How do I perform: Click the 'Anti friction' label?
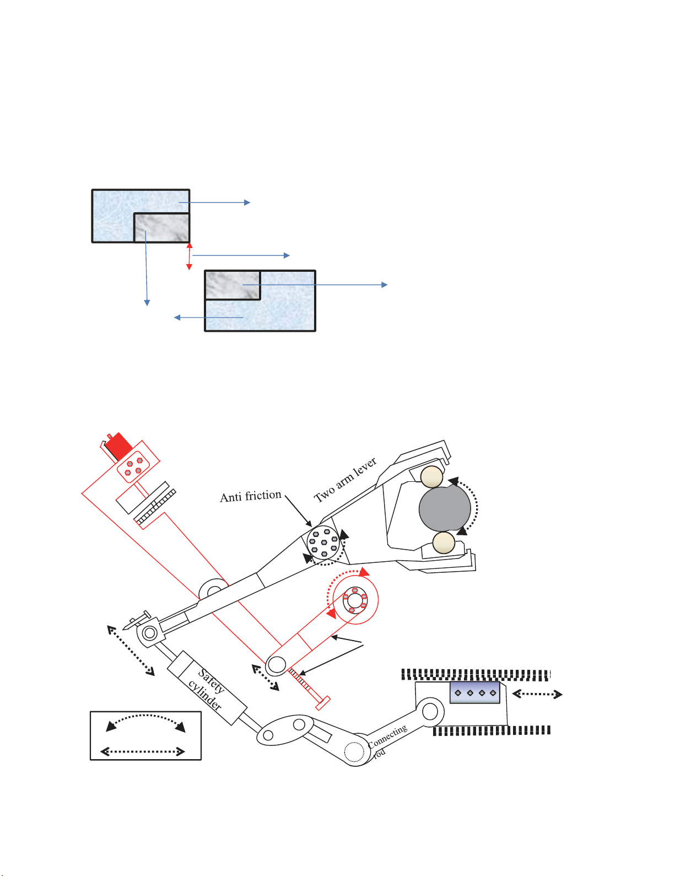coord(251,496)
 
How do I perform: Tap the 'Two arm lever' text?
coord(345,480)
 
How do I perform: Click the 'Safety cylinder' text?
coord(208,689)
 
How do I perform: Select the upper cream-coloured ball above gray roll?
coord(431,477)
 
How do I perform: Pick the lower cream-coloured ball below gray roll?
coord(444,543)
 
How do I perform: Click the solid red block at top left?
coord(117,445)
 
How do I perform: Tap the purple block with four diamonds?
coord(475,692)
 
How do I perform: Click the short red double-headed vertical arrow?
coord(190,256)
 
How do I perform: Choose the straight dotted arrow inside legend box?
coord(143,751)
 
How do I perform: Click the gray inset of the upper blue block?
coord(162,227)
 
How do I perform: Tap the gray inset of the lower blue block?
coord(232,285)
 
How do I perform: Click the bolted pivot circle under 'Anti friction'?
coord(323,543)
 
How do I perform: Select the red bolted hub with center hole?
coord(355,600)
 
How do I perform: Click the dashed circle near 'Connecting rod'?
coord(354,751)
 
